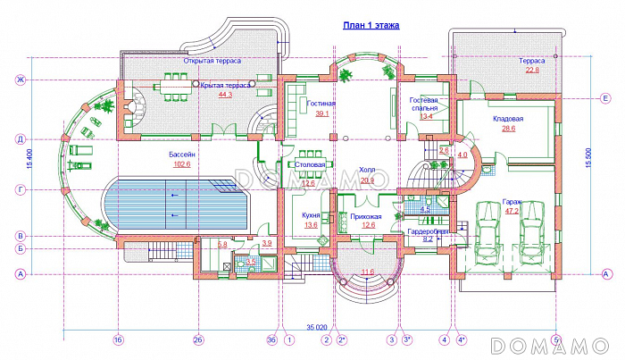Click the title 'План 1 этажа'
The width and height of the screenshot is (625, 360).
pyautogui.click(x=371, y=28)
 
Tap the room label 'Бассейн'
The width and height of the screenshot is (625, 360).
pyautogui.click(x=182, y=154)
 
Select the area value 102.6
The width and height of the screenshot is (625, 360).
pyautogui.click(x=182, y=163)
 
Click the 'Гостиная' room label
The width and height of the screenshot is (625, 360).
pyautogui.click(x=321, y=104)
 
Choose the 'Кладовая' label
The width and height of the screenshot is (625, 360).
pyautogui.click(x=508, y=119)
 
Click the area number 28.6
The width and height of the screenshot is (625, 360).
pyautogui.click(x=508, y=129)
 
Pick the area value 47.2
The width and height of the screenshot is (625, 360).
pyautogui.click(x=512, y=213)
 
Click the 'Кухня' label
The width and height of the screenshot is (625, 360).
pyautogui.click(x=311, y=215)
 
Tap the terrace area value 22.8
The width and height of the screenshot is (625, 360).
pyautogui.click(x=532, y=70)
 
